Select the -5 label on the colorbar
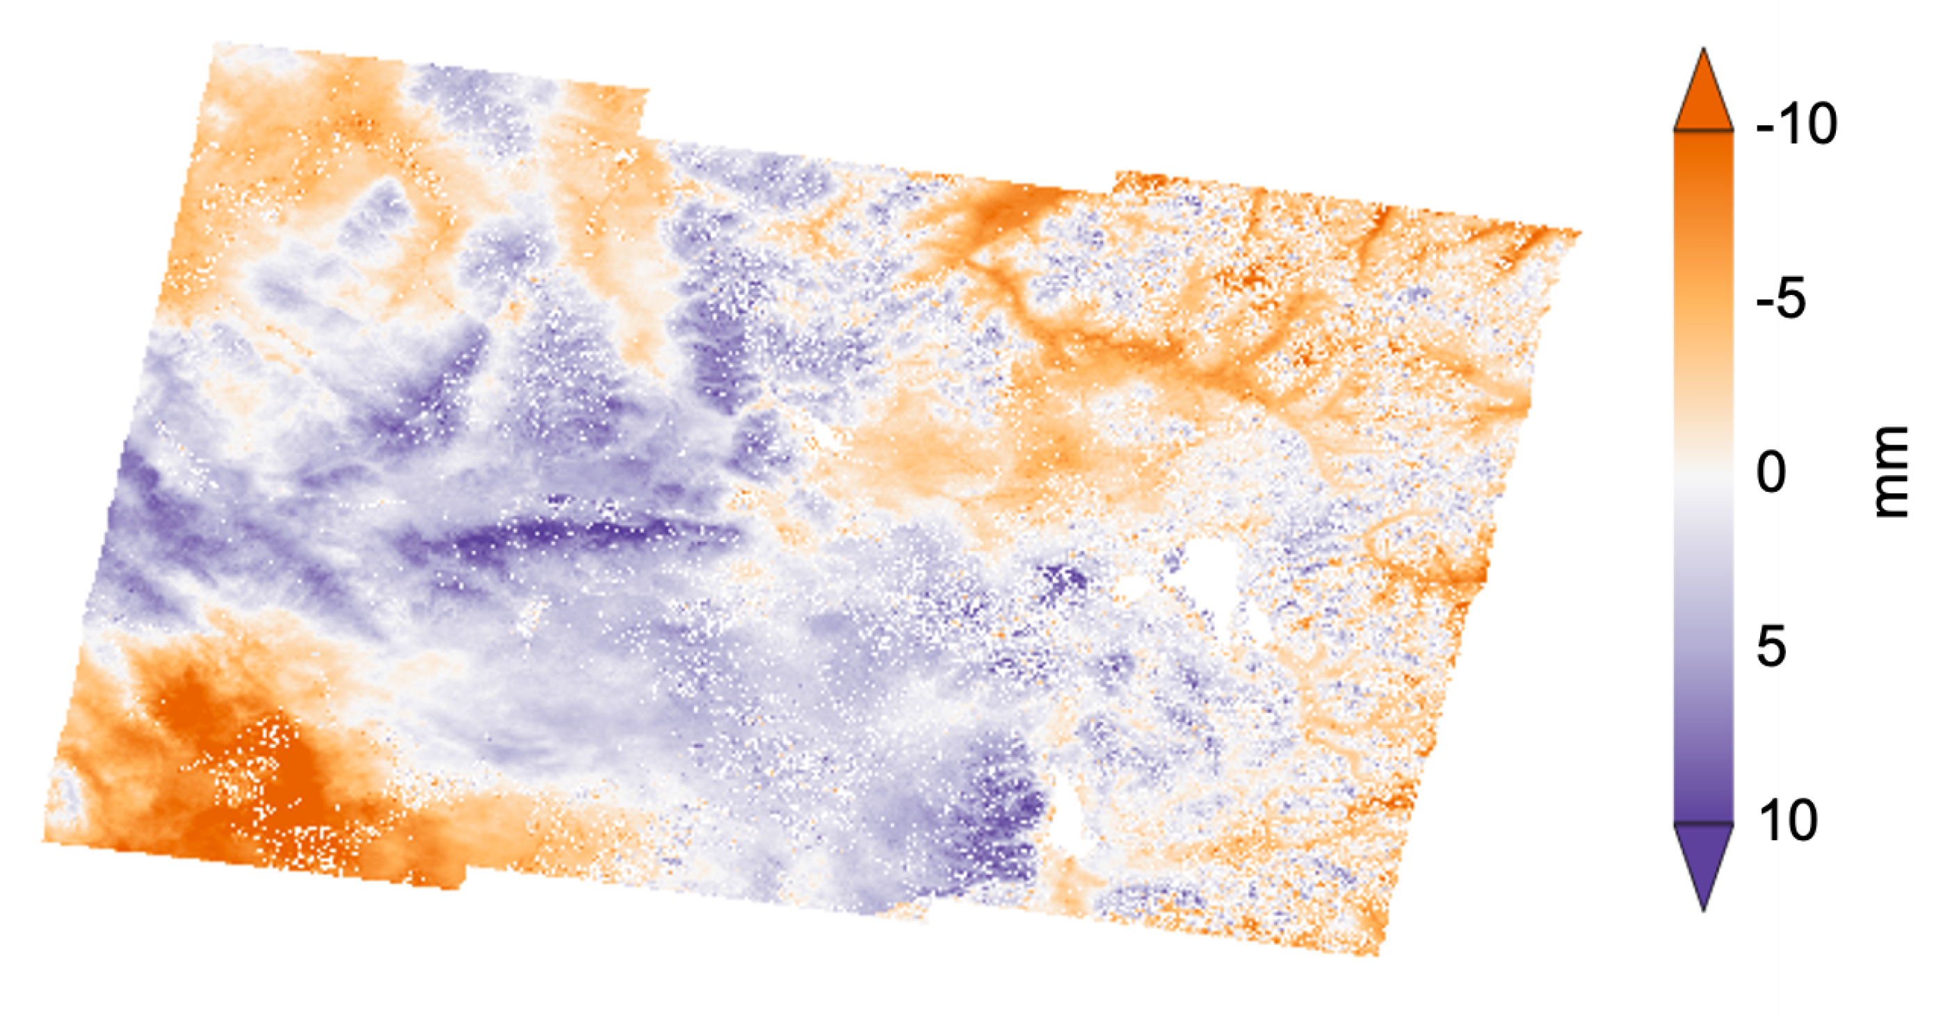pyautogui.click(x=1780, y=298)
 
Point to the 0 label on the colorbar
pyautogui.click(x=1771, y=472)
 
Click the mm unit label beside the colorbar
pyautogui.click(x=1891, y=472)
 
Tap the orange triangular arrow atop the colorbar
pyautogui.click(x=1703, y=95)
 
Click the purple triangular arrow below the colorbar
pyautogui.click(x=1703, y=860)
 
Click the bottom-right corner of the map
pyautogui.click(x=1378, y=954)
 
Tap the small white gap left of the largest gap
pyautogui.click(x=1136, y=588)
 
